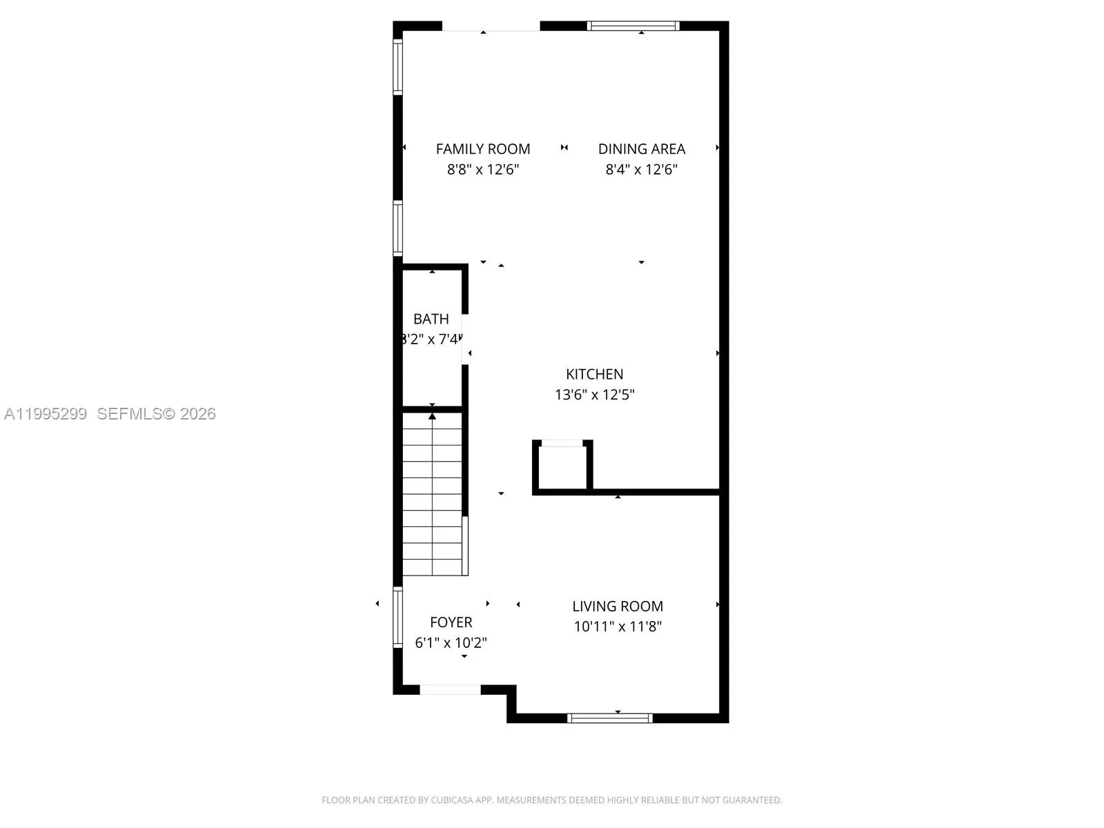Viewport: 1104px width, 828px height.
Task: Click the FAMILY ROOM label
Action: (x=483, y=149)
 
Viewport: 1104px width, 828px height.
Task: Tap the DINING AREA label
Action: (x=642, y=149)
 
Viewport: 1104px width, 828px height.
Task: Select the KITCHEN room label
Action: (x=594, y=374)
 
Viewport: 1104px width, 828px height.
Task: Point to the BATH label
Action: (x=431, y=319)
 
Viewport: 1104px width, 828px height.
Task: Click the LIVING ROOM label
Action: (x=618, y=607)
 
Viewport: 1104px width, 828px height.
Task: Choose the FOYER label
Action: (x=451, y=622)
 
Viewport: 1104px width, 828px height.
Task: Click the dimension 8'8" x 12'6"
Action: (x=483, y=170)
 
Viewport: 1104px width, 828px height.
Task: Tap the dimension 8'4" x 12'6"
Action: (x=642, y=170)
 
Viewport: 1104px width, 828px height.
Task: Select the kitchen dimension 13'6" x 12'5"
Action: (x=594, y=395)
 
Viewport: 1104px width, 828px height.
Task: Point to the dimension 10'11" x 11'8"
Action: (x=618, y=627)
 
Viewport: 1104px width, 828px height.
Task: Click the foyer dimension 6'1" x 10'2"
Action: (x=451, y=643)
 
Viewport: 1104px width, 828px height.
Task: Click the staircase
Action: (x=433, y=493)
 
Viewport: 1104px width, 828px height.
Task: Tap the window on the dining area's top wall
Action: (x=633, y=26)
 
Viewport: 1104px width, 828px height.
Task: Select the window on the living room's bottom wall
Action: (x=609, y=718)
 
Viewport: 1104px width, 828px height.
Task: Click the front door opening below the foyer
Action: (x=450, y=689)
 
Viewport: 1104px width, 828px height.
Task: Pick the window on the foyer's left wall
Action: (x=397, y=617)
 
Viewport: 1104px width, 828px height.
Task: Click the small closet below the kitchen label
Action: (x=562, y=466)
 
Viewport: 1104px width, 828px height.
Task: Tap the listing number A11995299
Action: (x=46, y=414)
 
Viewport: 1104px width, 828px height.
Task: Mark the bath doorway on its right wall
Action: (x=465, y=339)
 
